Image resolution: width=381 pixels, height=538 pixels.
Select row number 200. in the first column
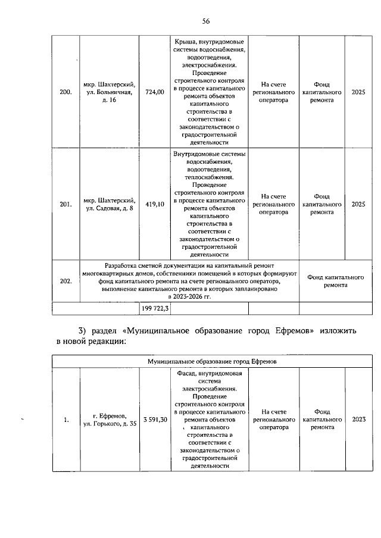[66, 92]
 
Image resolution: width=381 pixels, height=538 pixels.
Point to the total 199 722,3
[155, 308]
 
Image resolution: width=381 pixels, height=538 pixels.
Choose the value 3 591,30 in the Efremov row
[155, 420]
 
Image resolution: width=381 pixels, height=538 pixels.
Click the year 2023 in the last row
[358, 420]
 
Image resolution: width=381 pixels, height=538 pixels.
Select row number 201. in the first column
[66, 204]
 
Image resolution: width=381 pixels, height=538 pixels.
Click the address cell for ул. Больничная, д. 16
[109, 92]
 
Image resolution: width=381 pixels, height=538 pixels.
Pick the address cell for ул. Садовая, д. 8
[109, 204]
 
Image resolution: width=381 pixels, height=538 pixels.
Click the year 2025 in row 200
[358, 92]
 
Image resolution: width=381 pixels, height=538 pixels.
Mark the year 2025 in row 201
[358, 204]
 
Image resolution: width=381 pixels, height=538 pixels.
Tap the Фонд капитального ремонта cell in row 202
[336, 281]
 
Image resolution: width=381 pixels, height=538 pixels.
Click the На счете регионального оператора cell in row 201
[274, 204]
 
